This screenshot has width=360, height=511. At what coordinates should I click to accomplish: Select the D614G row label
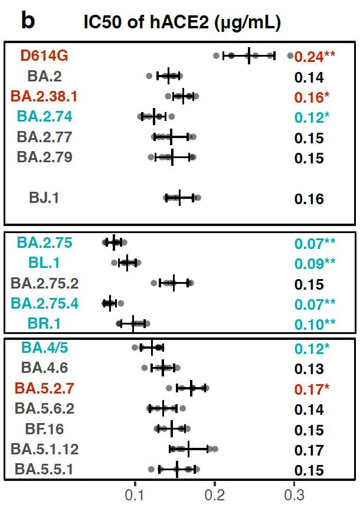tap(44, 56)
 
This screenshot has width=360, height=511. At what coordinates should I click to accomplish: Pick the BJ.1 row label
tap(44, 198)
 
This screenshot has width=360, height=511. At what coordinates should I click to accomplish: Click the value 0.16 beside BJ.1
tap(309, 198)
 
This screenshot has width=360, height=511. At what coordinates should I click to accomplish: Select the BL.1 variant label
tap(44, 263)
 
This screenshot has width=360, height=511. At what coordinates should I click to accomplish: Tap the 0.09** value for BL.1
tap(315, 263)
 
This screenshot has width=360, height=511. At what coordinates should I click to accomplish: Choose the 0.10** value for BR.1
tap(315, 324)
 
